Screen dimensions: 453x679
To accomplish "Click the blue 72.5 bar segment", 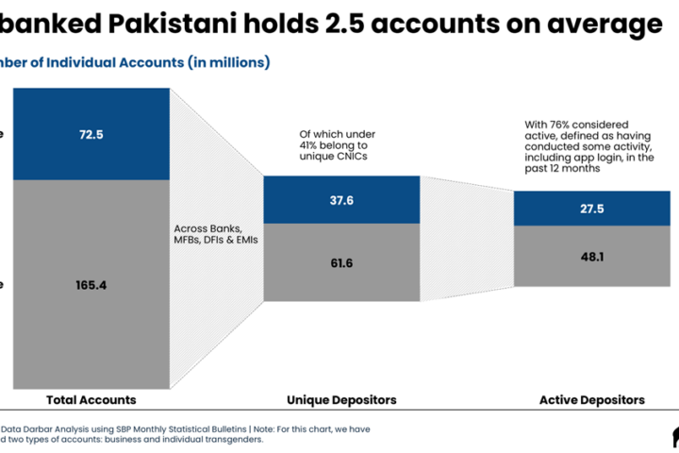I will tap(91, 135).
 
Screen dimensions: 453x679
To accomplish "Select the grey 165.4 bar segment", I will tap(91, 283).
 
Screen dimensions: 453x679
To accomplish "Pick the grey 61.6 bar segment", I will tap(341, 262).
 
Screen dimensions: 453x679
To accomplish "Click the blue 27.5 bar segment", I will tap(591, 209).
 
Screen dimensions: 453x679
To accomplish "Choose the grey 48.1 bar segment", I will tap(591, 255).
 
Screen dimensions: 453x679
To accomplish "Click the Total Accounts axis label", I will tap(91, 400).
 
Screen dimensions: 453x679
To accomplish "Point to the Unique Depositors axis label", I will tap(342, 400).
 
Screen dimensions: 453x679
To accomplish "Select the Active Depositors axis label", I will tap(591, 400).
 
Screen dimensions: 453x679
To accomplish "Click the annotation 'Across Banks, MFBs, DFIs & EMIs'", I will tap(208, 235).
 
